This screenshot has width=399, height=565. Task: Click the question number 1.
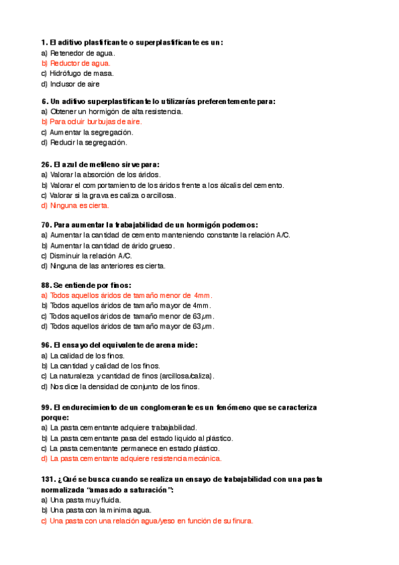44,43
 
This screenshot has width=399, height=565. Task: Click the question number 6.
44,101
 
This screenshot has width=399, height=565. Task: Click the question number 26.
46,164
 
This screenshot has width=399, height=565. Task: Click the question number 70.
46,225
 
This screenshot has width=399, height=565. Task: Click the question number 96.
46,345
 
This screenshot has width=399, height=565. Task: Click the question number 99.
46,406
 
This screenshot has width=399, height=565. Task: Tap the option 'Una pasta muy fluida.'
83,500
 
